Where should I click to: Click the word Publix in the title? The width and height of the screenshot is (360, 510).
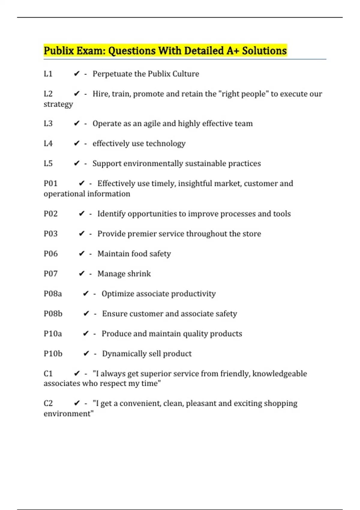(59, 51)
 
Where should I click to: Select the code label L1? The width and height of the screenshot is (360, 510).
(48, 74)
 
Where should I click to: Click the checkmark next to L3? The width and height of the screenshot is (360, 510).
(77, 123)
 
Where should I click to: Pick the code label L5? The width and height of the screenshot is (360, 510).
(48, 163)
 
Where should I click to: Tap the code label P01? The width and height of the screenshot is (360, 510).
(50, 183)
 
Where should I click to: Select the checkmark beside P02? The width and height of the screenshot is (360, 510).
(82, 214)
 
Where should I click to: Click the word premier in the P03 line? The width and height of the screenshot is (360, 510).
(142, 234)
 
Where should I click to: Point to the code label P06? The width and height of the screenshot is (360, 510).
(50, 254)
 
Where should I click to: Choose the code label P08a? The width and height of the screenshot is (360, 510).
(53, 294)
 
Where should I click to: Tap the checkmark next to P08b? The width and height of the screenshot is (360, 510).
(86, 313)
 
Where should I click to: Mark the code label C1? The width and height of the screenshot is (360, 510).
(48, 373)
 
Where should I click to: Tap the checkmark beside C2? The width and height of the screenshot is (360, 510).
(77, 403)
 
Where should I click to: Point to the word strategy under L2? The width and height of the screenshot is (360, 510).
(58, 104)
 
